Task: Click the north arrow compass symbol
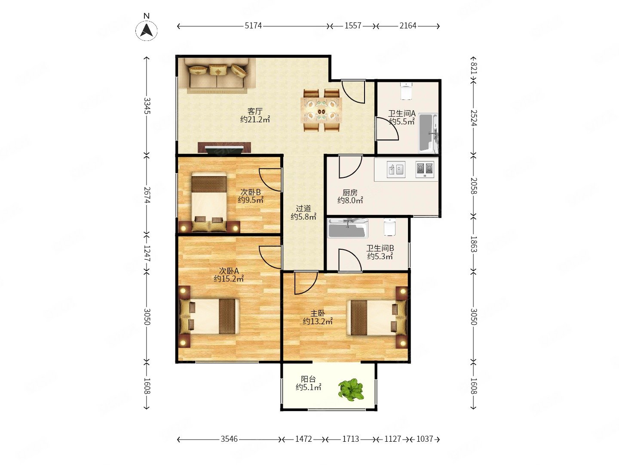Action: tap(146, 30)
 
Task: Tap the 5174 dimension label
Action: tap(253, 26)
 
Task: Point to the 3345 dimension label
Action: tap(147, 105)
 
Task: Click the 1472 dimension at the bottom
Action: tap(303, 439)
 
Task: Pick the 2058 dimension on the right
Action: tap(473, 186)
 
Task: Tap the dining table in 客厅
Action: tap(322, 110)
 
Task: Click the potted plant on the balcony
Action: tap(351, 389)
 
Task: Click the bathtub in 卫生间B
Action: tap(348, 228)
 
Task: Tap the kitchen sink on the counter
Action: tap(396, 169)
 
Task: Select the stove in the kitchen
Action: tap(425, 169)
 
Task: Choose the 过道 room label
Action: tap(303, 209)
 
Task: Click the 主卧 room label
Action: tap(318, 313)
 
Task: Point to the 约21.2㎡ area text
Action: tap(255, 119)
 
